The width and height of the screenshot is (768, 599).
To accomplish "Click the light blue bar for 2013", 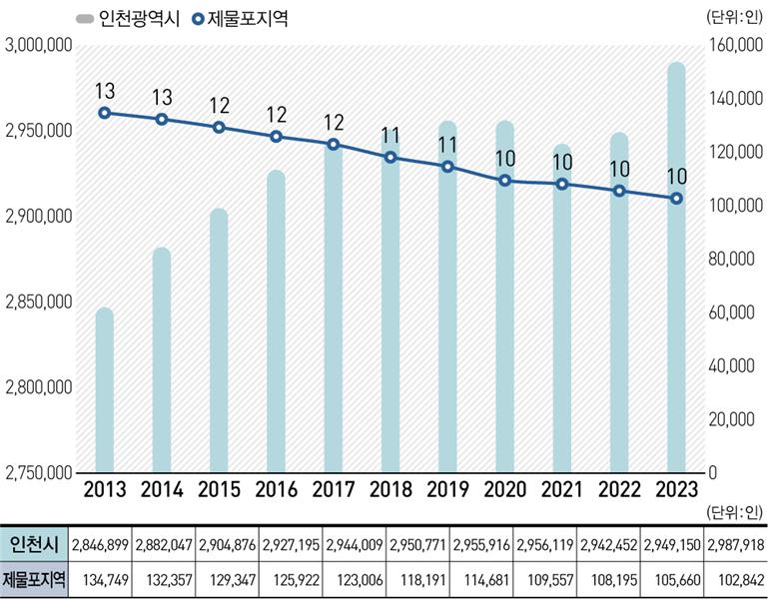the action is point(104,390).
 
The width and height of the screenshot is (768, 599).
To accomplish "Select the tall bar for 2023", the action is point(676,268).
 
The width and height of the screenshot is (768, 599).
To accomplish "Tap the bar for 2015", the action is point(219,340).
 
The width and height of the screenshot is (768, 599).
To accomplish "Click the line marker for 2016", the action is point(277,137).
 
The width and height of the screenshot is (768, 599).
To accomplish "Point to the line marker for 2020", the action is point(505,181).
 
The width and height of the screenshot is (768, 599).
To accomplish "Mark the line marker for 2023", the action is point(676,199).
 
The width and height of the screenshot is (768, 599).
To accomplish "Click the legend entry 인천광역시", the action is point(128,19).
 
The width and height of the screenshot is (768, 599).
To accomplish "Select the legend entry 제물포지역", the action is point(240,19).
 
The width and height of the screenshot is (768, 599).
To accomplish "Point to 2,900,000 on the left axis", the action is point(39,216).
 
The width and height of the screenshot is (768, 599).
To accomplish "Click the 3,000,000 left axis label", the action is point(39,45).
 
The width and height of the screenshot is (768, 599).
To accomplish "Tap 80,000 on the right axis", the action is point(732,259).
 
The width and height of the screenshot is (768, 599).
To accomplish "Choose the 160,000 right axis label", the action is point(736,45).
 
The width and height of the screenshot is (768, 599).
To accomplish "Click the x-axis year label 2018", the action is point(390,489).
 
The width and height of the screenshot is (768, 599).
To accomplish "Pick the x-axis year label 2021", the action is point(562,489).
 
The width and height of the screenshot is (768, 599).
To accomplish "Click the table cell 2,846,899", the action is point(100,545).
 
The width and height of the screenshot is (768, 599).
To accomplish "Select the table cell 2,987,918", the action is point(736,545).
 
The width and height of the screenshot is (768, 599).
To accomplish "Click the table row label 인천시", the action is point(34,544).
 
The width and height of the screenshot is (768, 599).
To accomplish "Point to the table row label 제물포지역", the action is point(33,580).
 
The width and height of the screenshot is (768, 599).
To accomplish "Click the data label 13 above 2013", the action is point(105,91).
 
